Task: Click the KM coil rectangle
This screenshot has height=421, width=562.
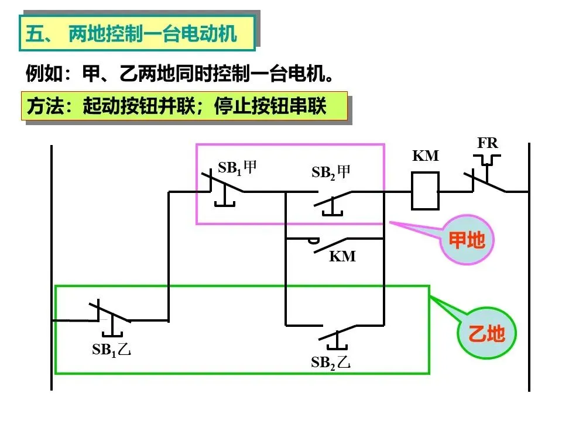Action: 425,191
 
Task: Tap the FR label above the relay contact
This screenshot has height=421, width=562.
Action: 488,143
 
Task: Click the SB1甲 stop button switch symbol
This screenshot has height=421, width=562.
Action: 223,189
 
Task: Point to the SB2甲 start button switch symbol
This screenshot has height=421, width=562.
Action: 333,203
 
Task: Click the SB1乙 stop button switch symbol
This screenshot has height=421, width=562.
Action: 110,318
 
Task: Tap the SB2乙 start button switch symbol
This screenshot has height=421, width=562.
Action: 337,337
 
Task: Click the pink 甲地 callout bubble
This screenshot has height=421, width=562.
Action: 467,240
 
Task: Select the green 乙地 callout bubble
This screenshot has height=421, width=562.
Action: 486,333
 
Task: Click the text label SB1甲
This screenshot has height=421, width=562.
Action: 237,168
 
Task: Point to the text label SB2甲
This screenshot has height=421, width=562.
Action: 330,172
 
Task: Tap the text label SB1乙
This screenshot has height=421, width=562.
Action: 111,350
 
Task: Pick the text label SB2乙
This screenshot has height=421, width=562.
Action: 330,363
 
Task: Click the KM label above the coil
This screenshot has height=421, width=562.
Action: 426,156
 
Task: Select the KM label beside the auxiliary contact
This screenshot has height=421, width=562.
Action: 342,256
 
